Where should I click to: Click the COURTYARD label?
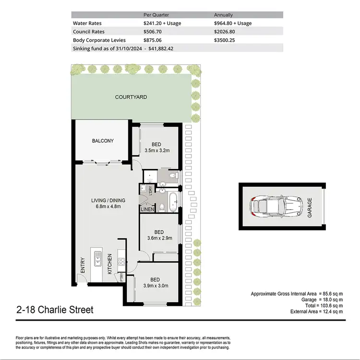(x=131, y=97)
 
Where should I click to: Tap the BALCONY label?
(x=103, y=141)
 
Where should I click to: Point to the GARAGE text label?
(x=310, y=207)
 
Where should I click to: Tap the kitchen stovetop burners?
(x=121, y=262)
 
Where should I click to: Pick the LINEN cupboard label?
(x=147, y=209)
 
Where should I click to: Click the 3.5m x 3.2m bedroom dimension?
(x=157, y=150)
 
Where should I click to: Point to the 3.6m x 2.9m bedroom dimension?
(x=159, y=237)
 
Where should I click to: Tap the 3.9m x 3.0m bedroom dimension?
(x=155, y=287)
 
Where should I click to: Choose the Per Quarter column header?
(x=156, y=14)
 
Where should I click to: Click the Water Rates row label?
(x=87, y=23)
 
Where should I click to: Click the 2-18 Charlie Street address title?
(x=55, y=310)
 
